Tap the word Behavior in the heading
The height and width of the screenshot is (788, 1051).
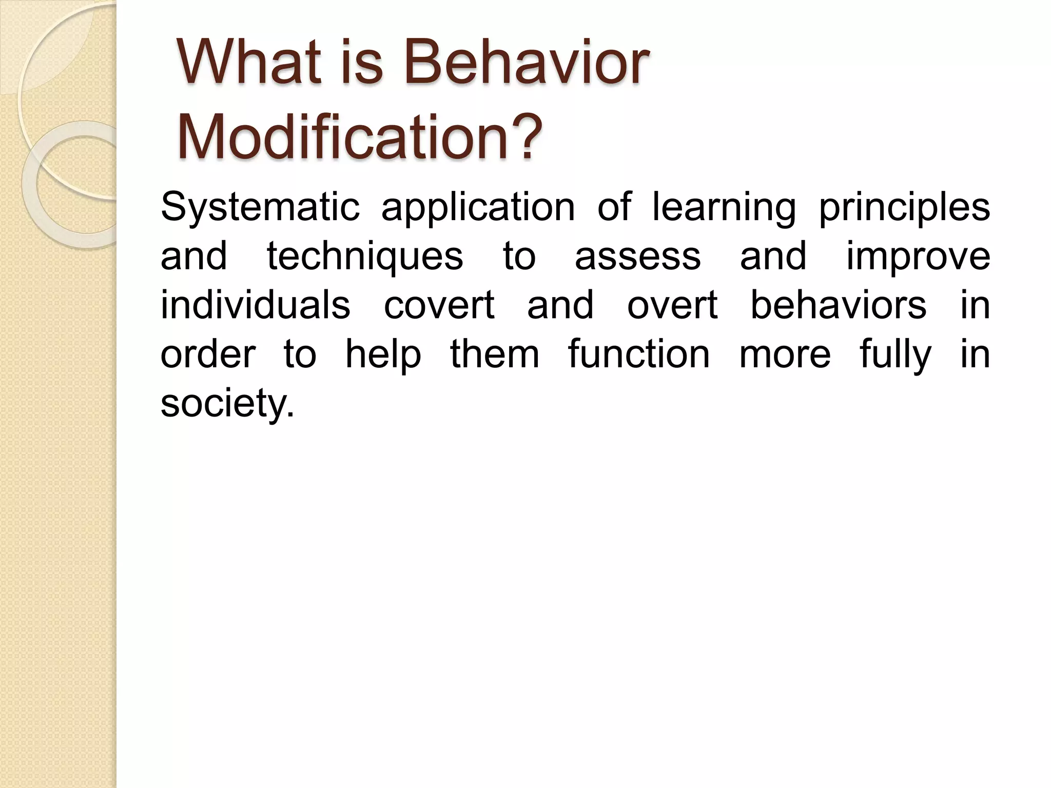point(527,64)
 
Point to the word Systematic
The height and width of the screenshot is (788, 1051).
point(260,207)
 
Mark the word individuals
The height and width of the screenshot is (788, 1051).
point(256,305)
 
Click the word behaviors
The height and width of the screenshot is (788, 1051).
point(839,305)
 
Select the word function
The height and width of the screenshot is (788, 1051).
point(639,354)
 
